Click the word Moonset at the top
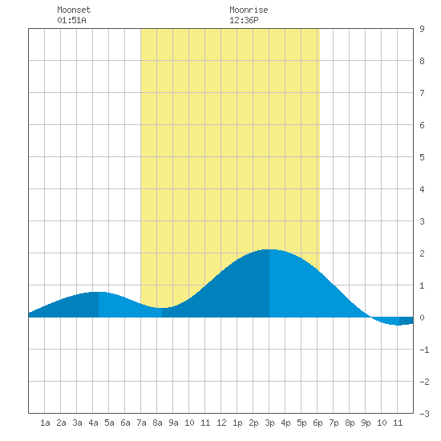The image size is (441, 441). click(x=74, y=10)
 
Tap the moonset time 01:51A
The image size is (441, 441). click(x=71, y=20)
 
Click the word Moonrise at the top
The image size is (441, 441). click(x=249, y=10)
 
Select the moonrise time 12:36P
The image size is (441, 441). click(x=244, y=20)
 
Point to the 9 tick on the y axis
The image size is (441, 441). click(x=422, y=29)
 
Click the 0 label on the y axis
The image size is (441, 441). click(x=422, y=318)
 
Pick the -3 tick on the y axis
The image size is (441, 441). click(x=424, y=414)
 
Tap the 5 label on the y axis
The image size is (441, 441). click(x=422, y=157)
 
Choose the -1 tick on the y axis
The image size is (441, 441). click(x=424, y=350)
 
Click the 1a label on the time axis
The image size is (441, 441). click(x=45, y=423)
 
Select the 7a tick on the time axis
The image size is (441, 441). click(x=141, y=423)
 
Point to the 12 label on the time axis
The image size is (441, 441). click(x=221, y=423)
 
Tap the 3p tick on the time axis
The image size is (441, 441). click(x=269, y=423)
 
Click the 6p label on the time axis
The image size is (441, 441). click(x=318, y=423)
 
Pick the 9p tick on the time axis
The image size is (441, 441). click(x=366, y=423)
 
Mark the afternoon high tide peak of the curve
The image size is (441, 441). click(x=269, y=249)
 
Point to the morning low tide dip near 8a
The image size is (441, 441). click(x=162, y=308)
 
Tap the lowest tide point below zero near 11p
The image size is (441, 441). click(x=399, y=325)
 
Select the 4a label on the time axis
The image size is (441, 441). click(x=93, y=423)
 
